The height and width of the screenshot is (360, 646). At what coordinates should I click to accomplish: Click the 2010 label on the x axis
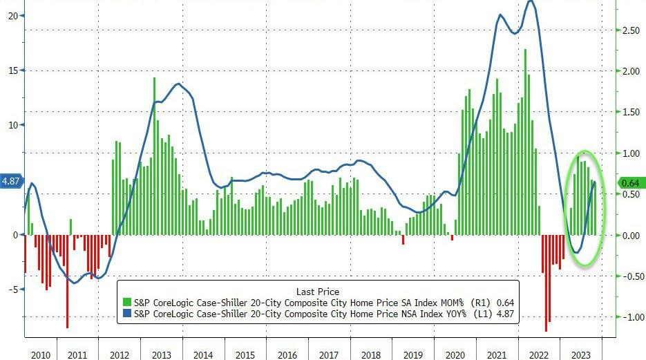point(41,354)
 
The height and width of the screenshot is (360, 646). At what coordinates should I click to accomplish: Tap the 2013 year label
point(161,354)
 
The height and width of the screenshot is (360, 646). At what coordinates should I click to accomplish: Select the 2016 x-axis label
point(287,354)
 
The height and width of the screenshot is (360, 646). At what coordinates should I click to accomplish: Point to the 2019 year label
point(413,354)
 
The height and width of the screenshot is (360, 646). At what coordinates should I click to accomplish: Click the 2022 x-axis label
point(539,354)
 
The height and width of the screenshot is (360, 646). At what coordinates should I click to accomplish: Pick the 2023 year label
point(581,354)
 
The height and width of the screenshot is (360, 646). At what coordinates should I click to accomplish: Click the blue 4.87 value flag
point(12,181)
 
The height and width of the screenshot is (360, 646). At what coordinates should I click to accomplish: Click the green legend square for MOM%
point(126,302)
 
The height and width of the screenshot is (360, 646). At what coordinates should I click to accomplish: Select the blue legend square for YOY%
point(126,314)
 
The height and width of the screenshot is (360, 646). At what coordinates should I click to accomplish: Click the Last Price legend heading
point(318,291)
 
